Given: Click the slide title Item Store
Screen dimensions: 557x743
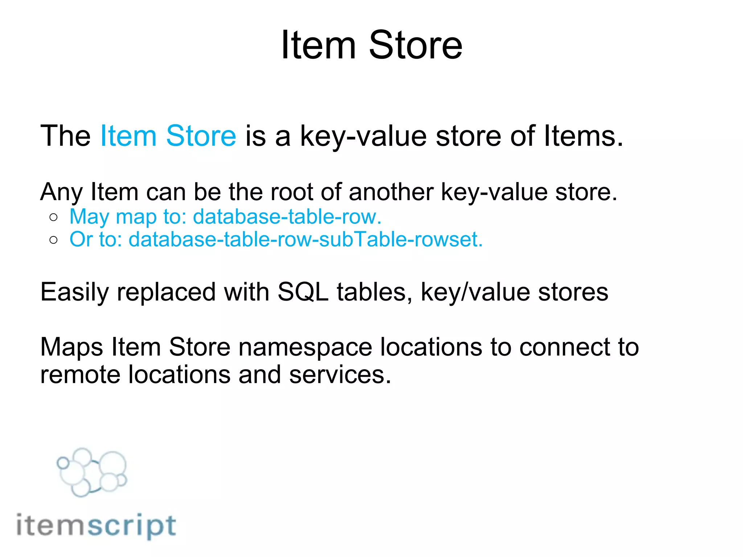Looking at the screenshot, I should (371, 45).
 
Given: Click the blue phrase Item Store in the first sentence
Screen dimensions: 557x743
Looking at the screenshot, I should (168, 136).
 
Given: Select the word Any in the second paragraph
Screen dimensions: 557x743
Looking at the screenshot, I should (61, 192).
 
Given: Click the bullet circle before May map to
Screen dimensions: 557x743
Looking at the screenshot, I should (54, 217).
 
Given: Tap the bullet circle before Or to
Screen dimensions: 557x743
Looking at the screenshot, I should (54, 240).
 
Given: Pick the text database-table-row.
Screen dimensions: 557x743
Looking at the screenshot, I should (287, 217).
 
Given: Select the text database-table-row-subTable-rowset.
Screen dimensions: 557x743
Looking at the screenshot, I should (305, 240).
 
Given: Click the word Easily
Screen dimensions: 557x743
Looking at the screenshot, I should (74, 292).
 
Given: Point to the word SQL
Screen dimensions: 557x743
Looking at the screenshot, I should (303, 292).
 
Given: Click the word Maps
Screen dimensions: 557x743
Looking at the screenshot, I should (71, 347).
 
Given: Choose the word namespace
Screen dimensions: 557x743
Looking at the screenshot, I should (305, 347).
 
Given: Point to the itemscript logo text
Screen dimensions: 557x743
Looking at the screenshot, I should (97, 526).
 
